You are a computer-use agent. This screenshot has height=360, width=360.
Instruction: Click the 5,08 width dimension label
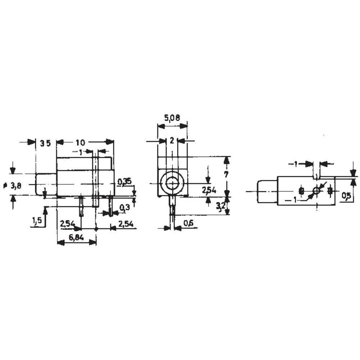tap(172, 118)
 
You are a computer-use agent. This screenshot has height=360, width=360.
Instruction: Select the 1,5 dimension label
tap(36, 220)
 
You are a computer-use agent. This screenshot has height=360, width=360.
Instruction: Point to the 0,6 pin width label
tap(188, 223)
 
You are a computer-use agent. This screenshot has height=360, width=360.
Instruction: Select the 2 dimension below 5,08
tap(172, 141)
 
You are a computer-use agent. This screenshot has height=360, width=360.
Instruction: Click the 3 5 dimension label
tap(45, 143)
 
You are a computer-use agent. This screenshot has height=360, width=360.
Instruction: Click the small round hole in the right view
tap(316, 191)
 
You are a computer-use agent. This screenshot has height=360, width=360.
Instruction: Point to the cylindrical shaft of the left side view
tap(46, 184)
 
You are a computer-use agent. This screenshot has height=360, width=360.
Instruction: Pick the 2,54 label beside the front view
tap(209, 190)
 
